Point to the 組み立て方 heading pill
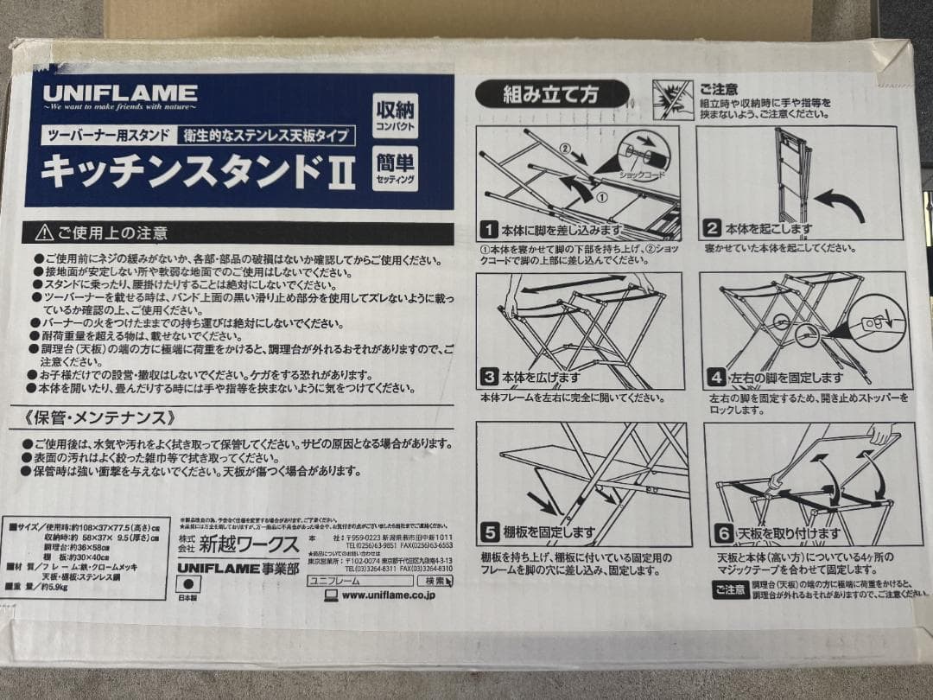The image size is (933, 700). click(x=552, y=93)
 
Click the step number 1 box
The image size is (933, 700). click(x=489, y=230)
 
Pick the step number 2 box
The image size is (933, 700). click(x=712, y=229)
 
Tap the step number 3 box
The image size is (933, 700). click(x=490, y=378)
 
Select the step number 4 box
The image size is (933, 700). click(x=716, y=378)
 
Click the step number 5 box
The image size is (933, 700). click(x=490, y=532)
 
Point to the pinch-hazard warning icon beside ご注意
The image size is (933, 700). click(x=672, y=100)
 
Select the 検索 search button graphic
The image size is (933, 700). click(x=435, y=581)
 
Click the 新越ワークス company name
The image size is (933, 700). click(x=249, y=545)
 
